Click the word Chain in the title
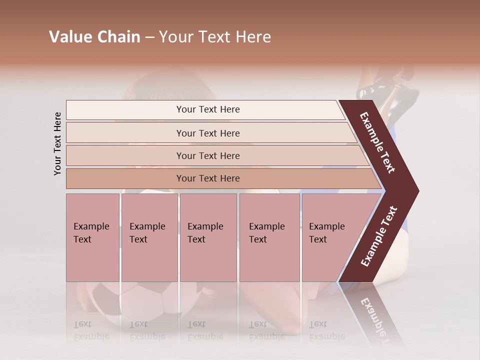pyautogui.click(x=118, y=37)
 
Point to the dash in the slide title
pyautogui.click(x=149, y=37)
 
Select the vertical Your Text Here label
pyautogui.click(x=57, y=143)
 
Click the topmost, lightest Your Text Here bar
pyautogui.click(x=208, y=109)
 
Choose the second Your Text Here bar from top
pyautogui.click(x=208, y=133)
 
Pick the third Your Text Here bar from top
pyautogui.click(x=208, y=155)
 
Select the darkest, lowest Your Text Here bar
pyautogui.click(x=208, y=178)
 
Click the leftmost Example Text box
pyautogui.click(x=92, y=237)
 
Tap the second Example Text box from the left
pyautogui.click(x=149, y=237)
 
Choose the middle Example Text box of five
pyautogui.click(x=208, y=237)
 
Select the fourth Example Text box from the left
pyautogui.click(x=269, y=237)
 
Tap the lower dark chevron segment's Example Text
pyautogui.click(x=378, y=236)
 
